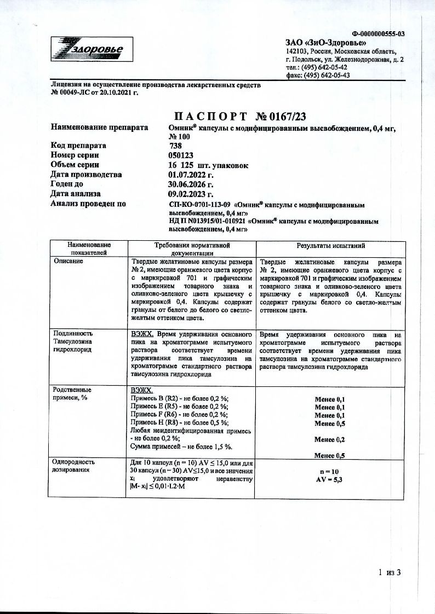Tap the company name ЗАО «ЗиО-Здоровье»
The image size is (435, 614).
pyautogui.click(x=326, y=43)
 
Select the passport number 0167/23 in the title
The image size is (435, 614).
pyautogui.click(x=287, y=117)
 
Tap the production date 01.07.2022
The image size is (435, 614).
pyautogui.click(x=191, y=175)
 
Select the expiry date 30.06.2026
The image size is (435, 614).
pyautogui.click(x=191, y=184)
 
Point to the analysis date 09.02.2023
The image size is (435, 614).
pyautogui.click(x=191, y=194)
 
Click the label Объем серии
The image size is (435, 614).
pyautogui.click(x=75, y=165)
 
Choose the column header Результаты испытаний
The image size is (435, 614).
pyautogui.click(x=330, y=246)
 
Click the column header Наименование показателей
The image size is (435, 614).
pyautogui.click(x=89, y=250)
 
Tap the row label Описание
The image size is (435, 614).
pyautogui.click(x=68, y=262)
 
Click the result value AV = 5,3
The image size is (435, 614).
pyautogui.click(x=330, y=479)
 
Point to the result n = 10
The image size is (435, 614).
pyautogui.click(x=330, y=471)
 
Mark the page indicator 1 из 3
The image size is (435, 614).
pyautogui.click(x=390, y=572)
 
